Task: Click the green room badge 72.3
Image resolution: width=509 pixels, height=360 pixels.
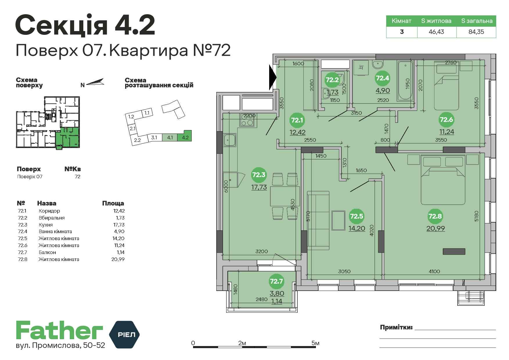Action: coord(259,174)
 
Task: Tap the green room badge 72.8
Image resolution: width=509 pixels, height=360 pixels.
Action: coord(435,216)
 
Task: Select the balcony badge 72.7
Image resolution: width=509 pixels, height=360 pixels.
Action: coord(276,281)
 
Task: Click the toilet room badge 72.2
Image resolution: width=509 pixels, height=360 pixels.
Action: coord(332,80)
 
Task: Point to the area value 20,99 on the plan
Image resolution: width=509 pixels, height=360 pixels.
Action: coord(436,228)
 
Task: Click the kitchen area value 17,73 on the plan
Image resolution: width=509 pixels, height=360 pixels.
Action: coord(259,187)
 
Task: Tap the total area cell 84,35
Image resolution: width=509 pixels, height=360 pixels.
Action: coord(476,32)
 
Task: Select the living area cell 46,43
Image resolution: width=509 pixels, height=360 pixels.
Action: coord(436,32)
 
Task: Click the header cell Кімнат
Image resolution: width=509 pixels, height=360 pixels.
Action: coord(402,21)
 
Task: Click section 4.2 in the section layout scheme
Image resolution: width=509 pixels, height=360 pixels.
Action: coord(185,136)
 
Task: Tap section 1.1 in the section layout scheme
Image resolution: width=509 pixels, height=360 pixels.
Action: coord(147,113)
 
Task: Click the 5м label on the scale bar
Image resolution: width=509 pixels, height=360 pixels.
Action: coord(315,343)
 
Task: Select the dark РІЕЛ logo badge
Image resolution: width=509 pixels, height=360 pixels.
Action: coord(124,334)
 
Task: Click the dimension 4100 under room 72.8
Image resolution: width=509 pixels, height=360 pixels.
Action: coord(434,271)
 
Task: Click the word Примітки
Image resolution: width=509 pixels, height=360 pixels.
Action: coord(396,327)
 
